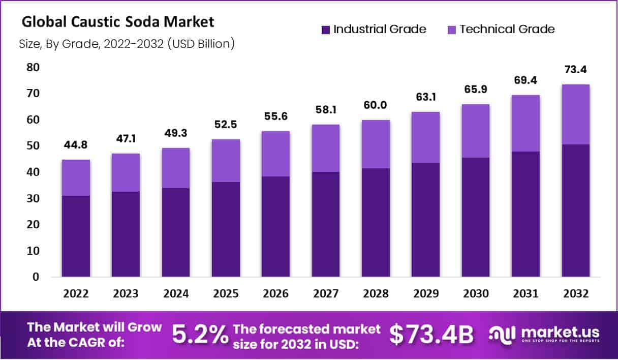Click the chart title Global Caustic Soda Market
pos(118,22)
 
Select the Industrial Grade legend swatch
pos(326,29)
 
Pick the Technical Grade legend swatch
pos(452,29)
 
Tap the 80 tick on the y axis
pos(33,68)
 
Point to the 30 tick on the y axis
pos(33,198)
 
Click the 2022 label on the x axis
pos(76,294)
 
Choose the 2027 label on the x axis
pos(326,294)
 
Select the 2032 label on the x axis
pos(575,294)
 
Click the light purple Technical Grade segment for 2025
pos(226,161)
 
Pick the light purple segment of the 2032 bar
pos(575,114)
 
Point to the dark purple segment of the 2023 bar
pos(126,234)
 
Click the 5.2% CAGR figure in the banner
pos(199,334)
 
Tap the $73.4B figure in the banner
pos(431,334)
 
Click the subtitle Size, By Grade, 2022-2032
pos(127,44)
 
